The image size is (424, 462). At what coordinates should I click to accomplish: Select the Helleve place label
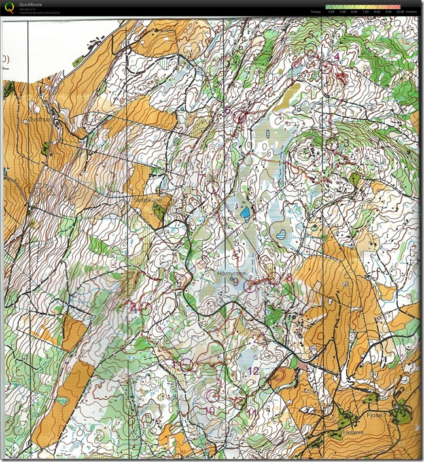[352, 433]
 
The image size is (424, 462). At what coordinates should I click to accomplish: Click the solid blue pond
[244, 212]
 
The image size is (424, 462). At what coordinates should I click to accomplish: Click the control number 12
[253, 371]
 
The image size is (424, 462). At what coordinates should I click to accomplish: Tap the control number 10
[209, 411]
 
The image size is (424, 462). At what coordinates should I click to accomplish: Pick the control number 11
[252, 412]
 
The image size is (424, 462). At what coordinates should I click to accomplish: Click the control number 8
[289, 278]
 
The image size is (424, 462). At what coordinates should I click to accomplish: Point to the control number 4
[337, 57]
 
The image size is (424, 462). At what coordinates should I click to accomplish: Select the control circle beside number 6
[240, 118]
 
